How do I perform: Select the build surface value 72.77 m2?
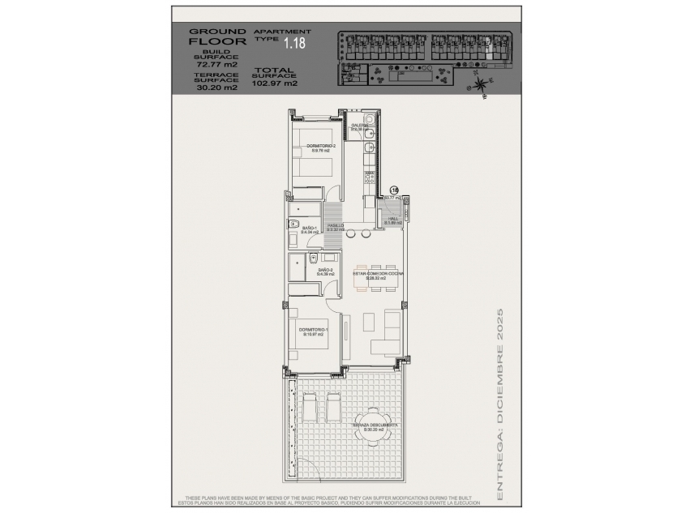(216, 64)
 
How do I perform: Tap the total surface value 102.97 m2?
(275, 83)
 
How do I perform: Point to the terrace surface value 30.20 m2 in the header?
(216, 88)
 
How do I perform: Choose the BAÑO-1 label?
(310, 229)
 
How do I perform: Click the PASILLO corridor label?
(336, 227)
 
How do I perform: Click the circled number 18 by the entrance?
(395, 189)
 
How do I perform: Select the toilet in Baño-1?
(294, 224)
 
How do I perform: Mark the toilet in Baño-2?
(312, 259)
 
